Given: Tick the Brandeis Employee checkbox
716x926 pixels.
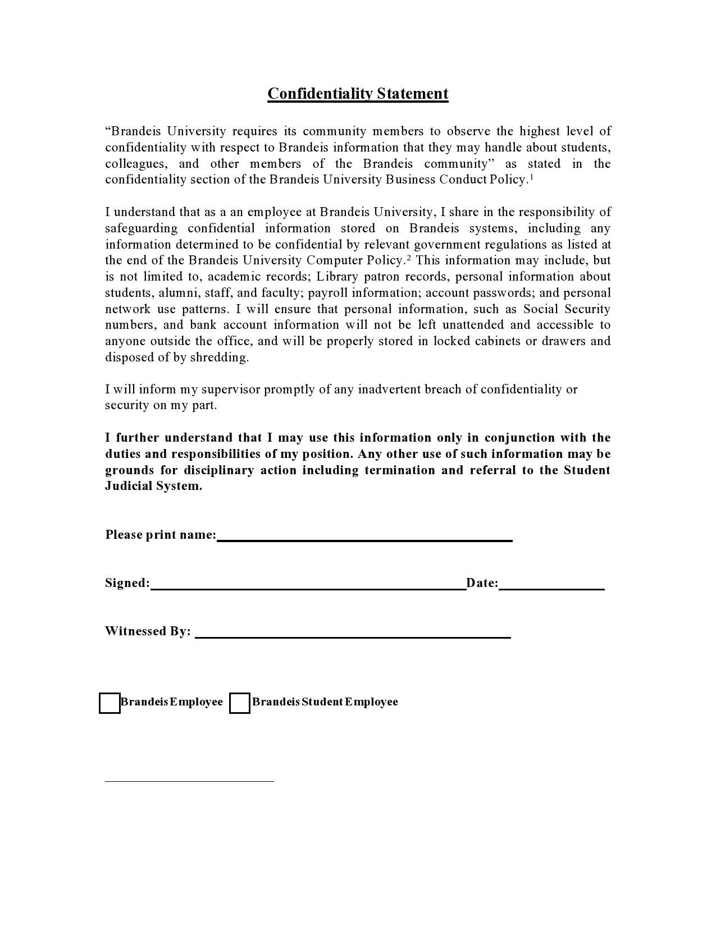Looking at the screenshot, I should click(110, 703).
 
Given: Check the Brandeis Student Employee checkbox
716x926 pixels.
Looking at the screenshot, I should click(240, 703).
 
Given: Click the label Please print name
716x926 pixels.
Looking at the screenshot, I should click(161, 534).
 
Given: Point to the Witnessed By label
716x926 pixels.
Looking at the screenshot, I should click(148, 631).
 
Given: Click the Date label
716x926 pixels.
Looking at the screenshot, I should click(482, 583).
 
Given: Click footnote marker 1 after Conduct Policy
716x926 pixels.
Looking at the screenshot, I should click(531, 177).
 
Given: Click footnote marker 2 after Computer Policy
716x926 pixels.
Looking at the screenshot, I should click(409, 258).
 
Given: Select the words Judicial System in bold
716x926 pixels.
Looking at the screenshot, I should click(153, 486).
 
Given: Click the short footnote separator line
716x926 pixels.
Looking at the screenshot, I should click(189, 781).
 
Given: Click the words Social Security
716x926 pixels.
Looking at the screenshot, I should click(566, 309).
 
